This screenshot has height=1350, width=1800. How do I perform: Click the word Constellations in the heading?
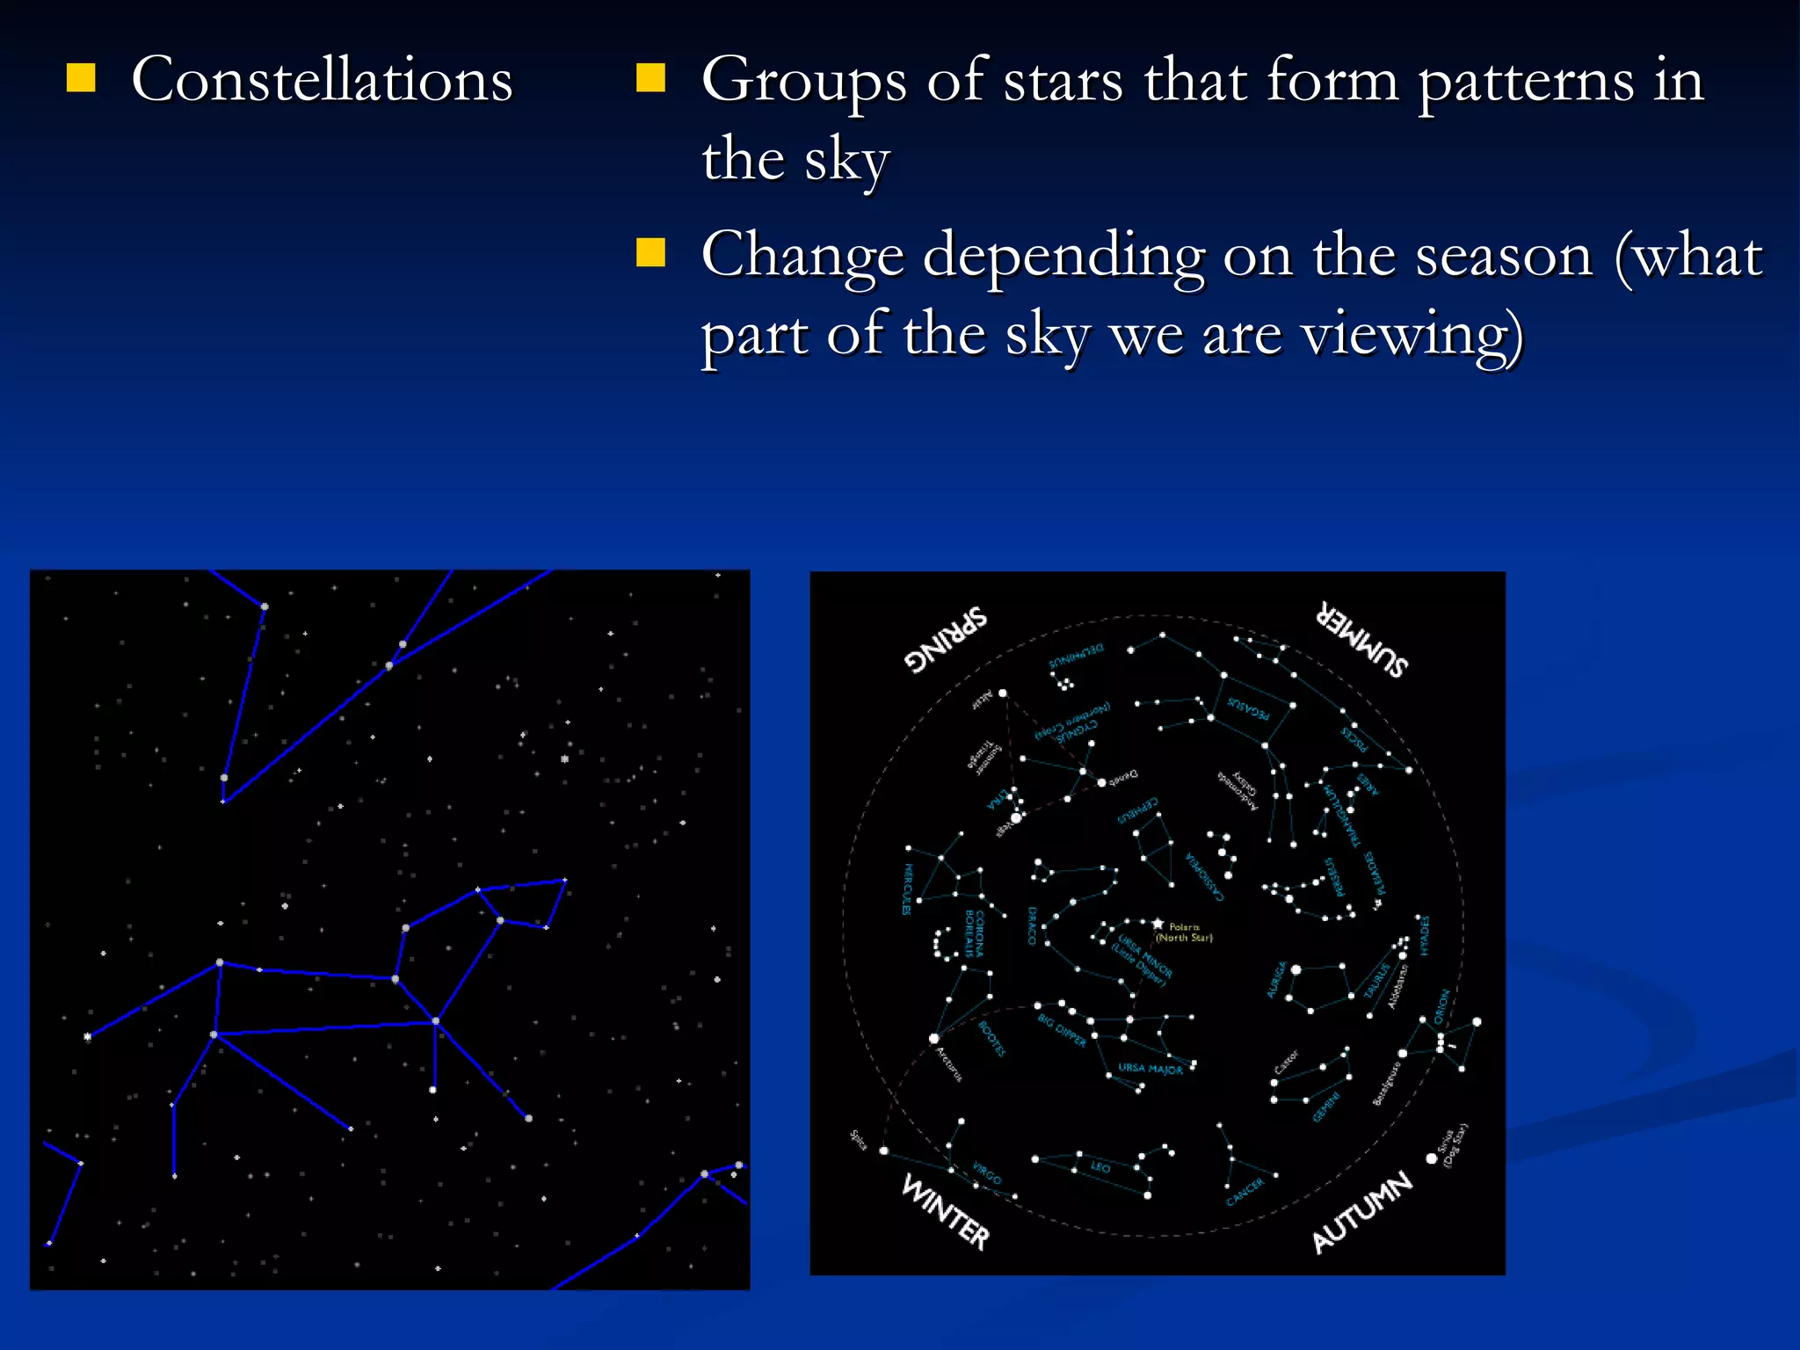click(322, 80)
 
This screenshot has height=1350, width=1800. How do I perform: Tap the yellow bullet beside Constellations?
click(81, 78)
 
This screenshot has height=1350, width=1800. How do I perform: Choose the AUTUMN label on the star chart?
click(1362, 1211)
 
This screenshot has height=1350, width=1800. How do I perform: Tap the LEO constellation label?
click(1100, 1167)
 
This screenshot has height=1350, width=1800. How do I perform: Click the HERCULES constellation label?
click(908, 889)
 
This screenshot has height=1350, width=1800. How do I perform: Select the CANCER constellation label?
click(1245, 1192)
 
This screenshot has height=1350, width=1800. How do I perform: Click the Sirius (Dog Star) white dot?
click(1431, 1159)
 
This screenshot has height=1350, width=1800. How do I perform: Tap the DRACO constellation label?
click(1033, 925)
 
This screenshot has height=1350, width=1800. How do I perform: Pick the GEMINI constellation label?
click(1327, 1107)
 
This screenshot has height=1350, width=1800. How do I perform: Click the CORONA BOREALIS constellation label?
click(974, 933)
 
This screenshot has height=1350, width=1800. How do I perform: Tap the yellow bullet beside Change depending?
click(650, 252)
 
